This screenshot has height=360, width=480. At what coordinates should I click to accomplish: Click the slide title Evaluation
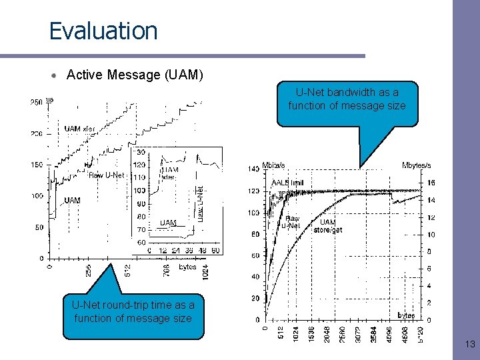click(x=103, y=31)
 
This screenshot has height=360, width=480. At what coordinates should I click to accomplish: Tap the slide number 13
click(x=469, y=344)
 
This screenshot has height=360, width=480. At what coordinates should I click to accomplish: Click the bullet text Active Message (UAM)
click(x=135, y=75)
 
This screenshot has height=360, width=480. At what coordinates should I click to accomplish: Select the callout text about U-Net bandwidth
click(x=347, y=99)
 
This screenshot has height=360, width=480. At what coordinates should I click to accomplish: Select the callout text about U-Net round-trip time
click(x=133, y=311)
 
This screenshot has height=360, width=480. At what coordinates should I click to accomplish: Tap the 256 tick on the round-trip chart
click(x=87, y=271)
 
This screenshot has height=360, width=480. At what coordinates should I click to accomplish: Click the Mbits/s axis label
click(x=274, y=165)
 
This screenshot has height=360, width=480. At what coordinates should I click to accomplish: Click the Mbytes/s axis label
click(x=416, y=165)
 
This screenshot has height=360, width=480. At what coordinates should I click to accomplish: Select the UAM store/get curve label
click(x=328, y=226)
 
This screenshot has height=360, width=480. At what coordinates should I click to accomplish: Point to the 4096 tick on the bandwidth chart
click(x=389, y=333)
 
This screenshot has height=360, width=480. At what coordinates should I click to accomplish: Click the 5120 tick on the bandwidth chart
click(x=419, y=333)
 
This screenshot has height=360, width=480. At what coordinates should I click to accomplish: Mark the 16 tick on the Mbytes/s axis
click(x=431, y=182)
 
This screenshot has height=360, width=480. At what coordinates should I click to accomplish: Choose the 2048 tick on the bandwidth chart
click(x=327, y=333)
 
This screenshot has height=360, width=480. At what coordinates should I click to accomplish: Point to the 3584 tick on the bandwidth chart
click(x=373, y=333)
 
